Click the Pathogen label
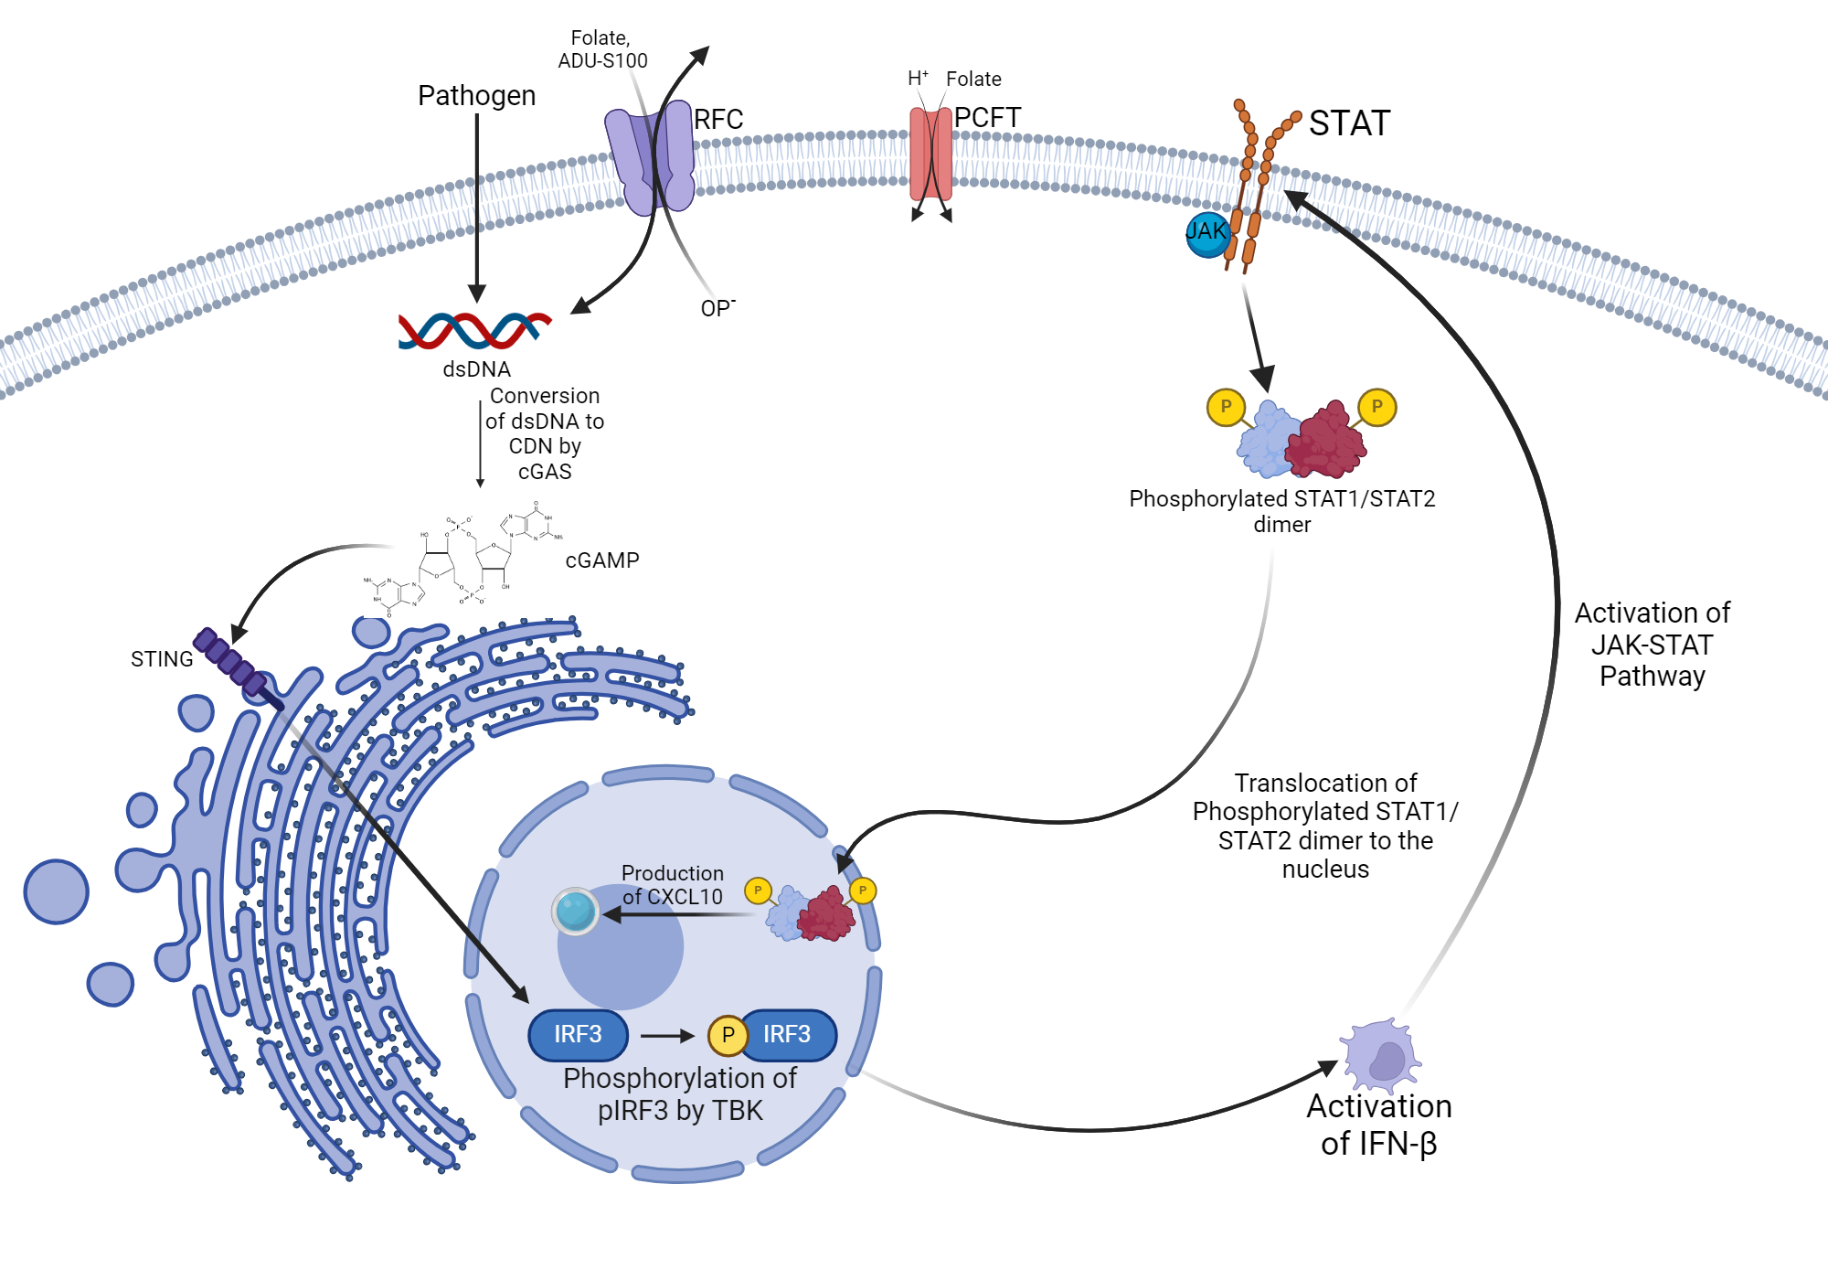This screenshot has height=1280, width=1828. (x=476, y=96)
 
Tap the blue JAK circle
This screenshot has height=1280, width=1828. (x=1206, y=233)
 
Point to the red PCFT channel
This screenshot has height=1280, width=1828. (x=930, y=154)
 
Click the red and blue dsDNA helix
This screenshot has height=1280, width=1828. (x=474, y=330)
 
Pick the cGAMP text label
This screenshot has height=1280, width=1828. (x=601, y=560)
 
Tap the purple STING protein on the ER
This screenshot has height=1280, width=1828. (x=231, y=660)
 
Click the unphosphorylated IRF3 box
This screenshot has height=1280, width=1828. (x=578, y=1035)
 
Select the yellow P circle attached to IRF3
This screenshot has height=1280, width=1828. (x=728, y=1035)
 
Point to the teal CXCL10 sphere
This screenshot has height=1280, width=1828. (x=575, y=911)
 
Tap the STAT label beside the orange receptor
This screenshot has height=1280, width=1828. (x=1349, y=123)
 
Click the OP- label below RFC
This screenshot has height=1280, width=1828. (x=717, y=308)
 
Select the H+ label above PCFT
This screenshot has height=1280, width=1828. (x=918, y=79)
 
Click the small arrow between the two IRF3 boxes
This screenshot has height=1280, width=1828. (x=667, y=1036)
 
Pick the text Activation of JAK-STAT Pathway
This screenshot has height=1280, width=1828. (x=1652, y=645)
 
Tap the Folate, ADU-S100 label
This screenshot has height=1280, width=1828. (x=601, y=49)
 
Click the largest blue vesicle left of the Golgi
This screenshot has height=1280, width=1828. (x=57, y=891)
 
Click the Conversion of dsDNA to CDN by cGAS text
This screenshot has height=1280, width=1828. (x=545, y=434)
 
